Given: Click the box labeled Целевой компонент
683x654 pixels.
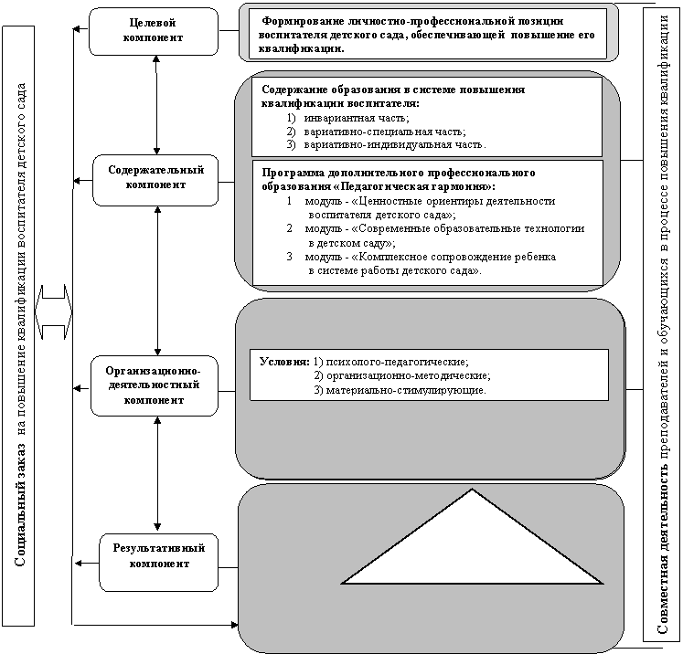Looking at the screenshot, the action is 154,31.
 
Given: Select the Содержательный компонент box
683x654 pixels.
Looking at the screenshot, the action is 155,180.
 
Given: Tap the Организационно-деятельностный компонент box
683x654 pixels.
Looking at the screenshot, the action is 155,385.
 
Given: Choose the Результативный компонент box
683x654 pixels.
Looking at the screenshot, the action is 158,562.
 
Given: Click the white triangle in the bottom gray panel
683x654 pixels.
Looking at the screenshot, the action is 472,548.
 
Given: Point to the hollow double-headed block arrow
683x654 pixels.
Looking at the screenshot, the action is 54,311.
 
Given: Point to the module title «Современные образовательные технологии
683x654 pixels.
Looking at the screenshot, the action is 468,228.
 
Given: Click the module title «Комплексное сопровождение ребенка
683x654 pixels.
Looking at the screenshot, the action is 454,257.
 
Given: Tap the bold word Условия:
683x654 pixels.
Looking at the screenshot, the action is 284,362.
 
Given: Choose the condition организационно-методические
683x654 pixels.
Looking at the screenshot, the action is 408,375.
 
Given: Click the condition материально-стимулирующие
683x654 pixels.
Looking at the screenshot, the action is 405,390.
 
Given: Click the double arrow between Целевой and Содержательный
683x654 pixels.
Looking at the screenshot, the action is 156,105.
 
